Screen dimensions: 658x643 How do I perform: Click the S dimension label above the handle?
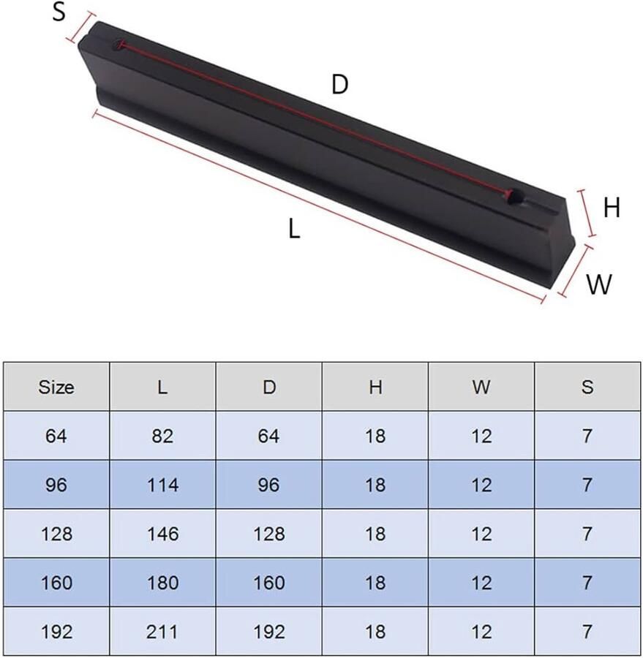[59, 12]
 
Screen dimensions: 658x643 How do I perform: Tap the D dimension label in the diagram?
[339, 85]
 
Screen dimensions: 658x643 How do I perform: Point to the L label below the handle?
[294, 230]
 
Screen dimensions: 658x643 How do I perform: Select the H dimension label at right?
[612, 208]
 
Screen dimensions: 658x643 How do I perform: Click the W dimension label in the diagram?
[599, 284]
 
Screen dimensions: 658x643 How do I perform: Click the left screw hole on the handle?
[119, 45]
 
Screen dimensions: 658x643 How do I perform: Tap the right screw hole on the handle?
[514, 195]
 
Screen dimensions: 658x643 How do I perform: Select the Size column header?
[56, 387]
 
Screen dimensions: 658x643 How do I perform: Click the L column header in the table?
[162, 387]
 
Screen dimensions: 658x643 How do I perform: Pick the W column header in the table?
[481, 387]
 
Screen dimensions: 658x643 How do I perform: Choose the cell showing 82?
[162, 436]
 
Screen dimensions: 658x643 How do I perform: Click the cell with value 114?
[162, 485]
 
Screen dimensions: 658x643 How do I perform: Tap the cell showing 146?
[162, 534]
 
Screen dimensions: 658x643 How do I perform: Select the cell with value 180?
[162, 583]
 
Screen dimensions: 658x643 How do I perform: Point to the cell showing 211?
[162, 632]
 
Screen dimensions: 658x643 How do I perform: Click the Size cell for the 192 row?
[56, 632]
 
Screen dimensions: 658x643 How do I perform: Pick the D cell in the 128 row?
[268, 534]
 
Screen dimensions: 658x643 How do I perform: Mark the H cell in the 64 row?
[375, 436]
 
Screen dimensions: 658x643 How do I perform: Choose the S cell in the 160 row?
[587, 583]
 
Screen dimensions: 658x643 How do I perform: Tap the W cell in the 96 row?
[481, 485]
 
